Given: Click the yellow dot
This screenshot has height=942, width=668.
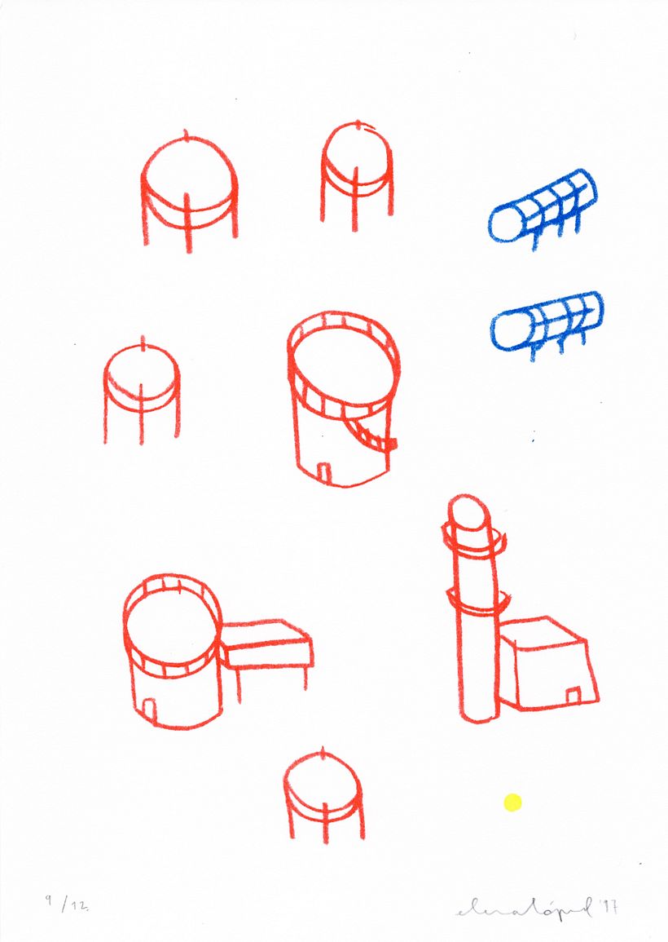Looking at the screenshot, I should click(x=512, y=803).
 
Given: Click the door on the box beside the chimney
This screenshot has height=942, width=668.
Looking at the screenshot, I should click(x=573, y=694).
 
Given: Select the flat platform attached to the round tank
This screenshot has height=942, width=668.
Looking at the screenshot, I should click(x=266, y=644).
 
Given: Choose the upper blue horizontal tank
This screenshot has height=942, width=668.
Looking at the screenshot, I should click(x=543, y=208).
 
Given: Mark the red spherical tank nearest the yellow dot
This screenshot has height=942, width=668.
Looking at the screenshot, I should click(x=323, y=791).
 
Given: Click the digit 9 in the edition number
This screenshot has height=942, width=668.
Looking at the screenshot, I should click(x=50, y=900).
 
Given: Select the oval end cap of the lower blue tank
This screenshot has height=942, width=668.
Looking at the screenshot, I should click(x=508, y=333).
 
